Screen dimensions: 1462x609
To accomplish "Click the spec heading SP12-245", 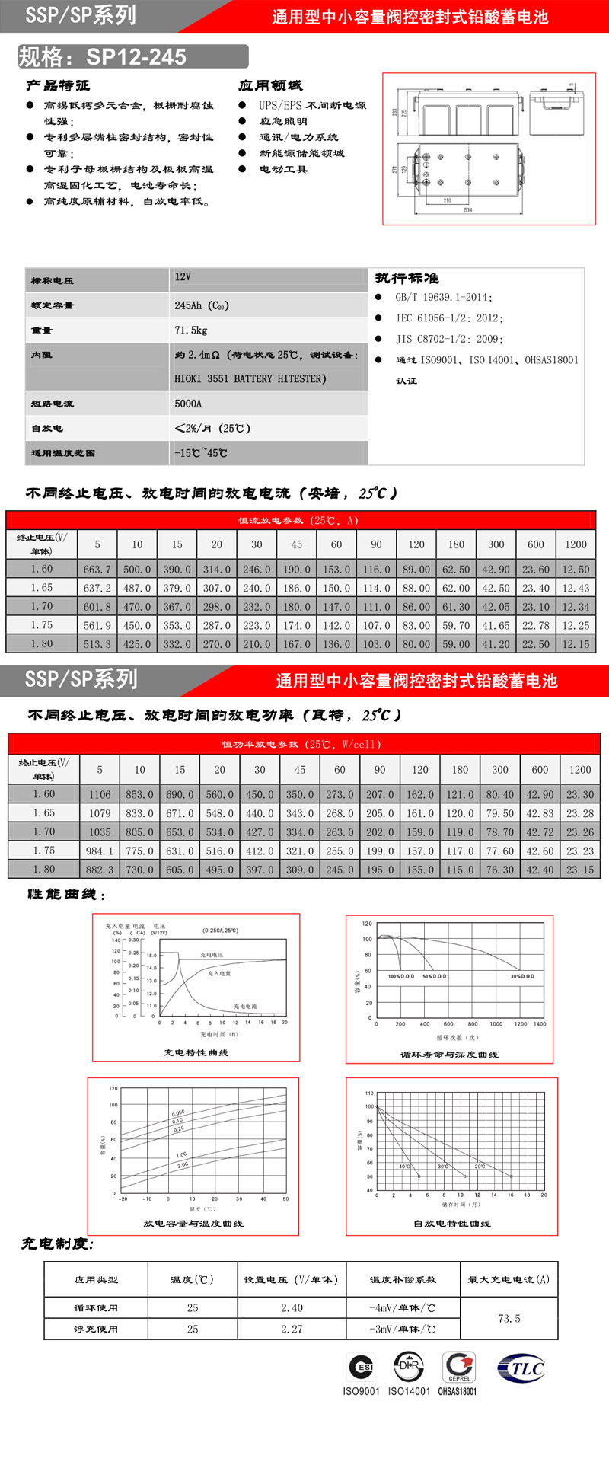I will coord(136,57).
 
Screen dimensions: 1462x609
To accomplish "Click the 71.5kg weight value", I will coord(191,330).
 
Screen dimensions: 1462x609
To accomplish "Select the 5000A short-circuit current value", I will coord(188,404).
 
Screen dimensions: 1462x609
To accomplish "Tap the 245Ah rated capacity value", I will coord(201,305).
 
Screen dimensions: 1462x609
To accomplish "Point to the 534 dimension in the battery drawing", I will coord(468,209).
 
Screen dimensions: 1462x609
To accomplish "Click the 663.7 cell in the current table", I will coord(97,570).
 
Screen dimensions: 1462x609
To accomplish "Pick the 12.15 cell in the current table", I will coord(576,644).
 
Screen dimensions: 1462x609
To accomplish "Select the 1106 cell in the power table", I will coord(100,794).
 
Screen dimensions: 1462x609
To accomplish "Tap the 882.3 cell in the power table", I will coord(100,870).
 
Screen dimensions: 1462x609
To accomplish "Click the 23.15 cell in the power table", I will coord(580,870).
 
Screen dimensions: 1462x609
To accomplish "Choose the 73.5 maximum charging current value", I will coord(509,1319).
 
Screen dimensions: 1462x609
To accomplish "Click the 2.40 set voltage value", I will coord(292,1308).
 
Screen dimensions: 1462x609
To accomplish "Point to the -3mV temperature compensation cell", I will coord(402,1330).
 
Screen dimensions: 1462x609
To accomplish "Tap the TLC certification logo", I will coord(521,1368).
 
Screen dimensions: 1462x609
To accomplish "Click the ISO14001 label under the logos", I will coord(409,1391).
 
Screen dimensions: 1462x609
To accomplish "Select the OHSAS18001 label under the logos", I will coord(458,1391).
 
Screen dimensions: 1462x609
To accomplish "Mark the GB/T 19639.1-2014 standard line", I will coord(443,298).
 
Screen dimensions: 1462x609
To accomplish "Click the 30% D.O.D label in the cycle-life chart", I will coord(522,976).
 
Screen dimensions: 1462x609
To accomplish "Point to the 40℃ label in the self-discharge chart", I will coord(404,1167).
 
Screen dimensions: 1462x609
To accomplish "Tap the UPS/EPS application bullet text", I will coord(312,105).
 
